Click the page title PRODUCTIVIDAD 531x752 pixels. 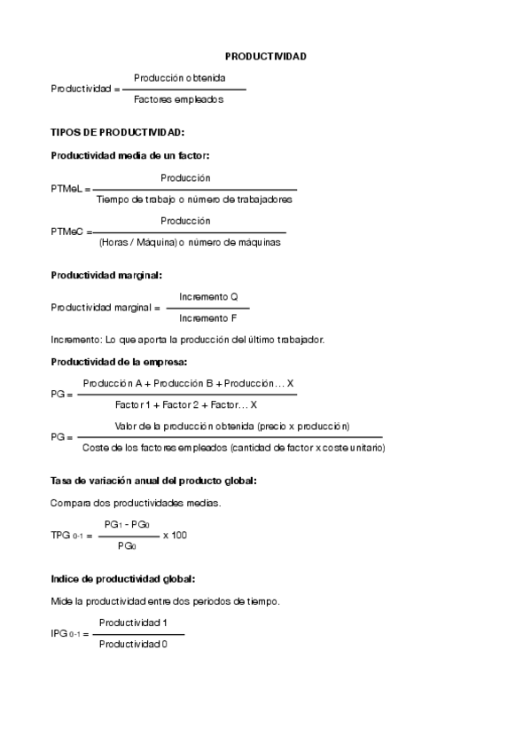[265, 56]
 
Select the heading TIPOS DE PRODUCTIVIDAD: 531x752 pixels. [117, 132]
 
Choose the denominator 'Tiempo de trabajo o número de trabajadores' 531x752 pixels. [194, 200]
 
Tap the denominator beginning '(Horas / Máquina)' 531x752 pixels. [190, 241]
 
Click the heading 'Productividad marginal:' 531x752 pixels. [106, 275]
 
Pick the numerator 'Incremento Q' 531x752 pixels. [208, 296]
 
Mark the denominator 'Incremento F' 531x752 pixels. [207, 317]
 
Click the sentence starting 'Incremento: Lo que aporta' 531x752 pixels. [188, 340]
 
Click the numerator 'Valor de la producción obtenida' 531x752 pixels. [232, 427]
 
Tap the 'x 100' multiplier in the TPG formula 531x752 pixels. [175, 535]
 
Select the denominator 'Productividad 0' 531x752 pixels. [133, 644]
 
